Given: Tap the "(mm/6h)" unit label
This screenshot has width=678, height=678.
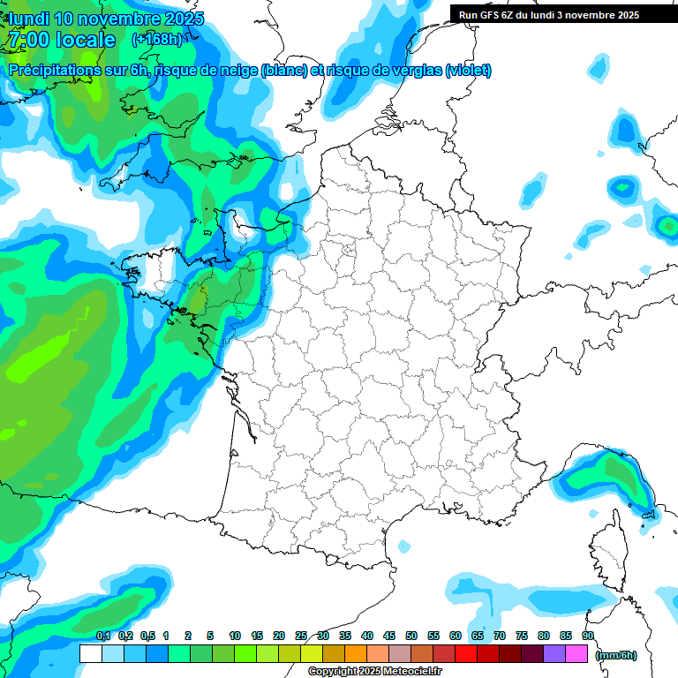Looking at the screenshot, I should (x=616, y=655).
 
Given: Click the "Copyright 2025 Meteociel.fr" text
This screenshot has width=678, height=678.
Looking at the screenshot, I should (x=376, y=672).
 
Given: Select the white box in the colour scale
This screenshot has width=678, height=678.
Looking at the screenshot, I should (x=90, y=654).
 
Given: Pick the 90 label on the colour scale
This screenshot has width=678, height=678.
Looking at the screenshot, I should (x=588, y=636).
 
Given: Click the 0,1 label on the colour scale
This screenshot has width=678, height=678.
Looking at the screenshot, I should (x=102, y=636).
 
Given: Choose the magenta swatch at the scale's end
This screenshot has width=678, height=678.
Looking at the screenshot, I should (x=576, y=654).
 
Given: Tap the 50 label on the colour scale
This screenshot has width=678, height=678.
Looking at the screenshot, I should (x=411, y=636).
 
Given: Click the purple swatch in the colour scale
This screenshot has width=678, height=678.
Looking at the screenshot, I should (x=554, y=654).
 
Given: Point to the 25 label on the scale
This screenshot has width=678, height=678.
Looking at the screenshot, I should (x=301, y=636).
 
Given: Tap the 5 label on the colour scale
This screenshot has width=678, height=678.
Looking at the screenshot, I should (x=210, y=636).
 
